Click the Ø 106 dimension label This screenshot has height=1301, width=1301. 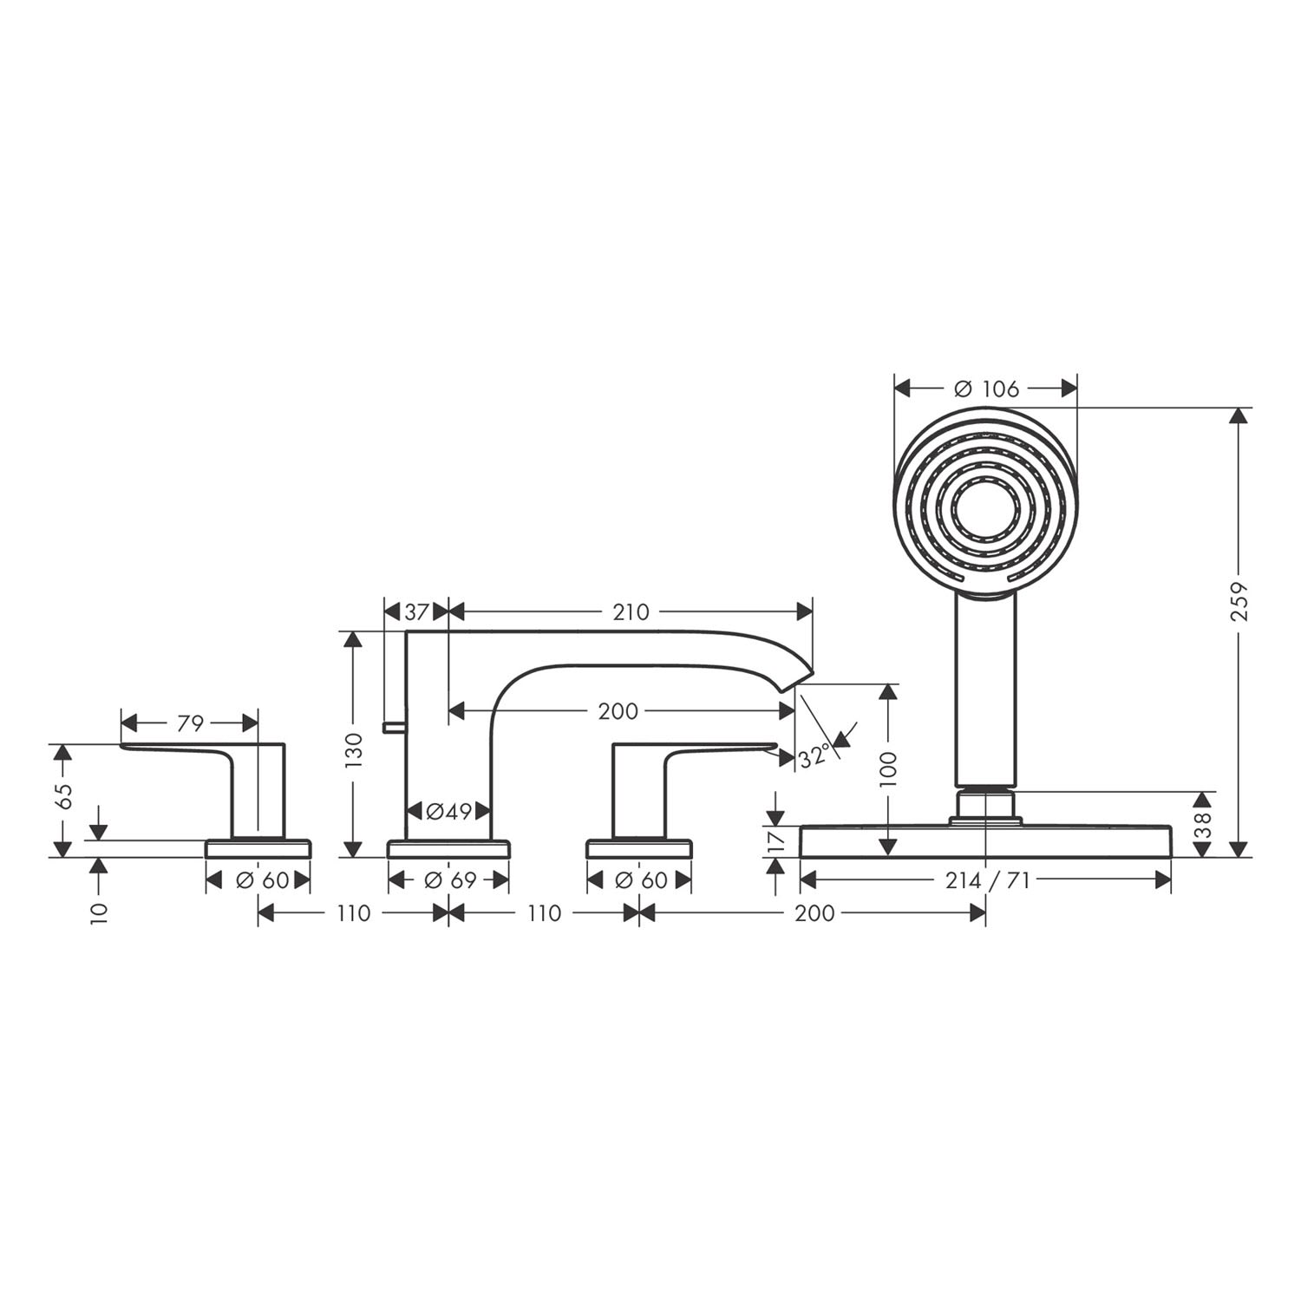coord(987,389)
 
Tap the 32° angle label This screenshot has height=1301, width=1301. coord(814,756)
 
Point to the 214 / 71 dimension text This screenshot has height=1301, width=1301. coord(987,881)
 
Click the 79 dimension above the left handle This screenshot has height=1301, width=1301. coord(190,722)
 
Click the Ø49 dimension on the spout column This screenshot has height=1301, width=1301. coord(448,812)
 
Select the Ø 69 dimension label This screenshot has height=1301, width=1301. coord(449,880)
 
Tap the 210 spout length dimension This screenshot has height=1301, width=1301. coord(631,612)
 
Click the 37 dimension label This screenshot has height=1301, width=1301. coord(416,612)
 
